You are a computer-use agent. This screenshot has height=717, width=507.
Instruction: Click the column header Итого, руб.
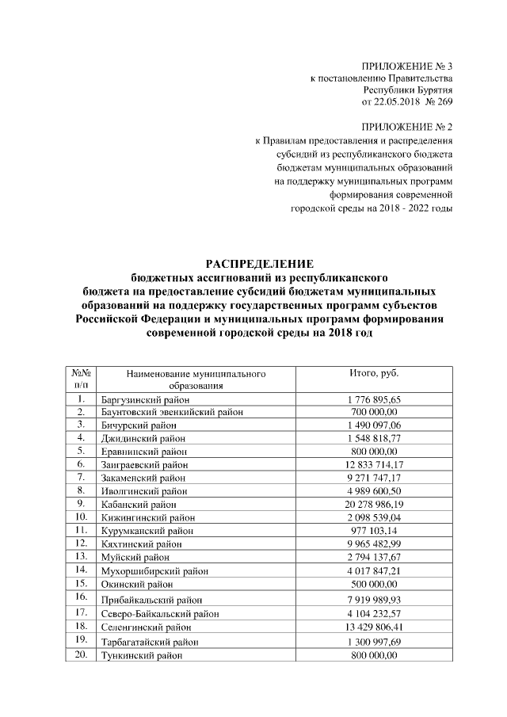[374, 372]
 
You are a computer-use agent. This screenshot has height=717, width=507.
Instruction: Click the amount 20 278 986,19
[374, 503]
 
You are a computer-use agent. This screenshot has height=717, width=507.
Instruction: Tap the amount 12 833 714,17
[374, 463]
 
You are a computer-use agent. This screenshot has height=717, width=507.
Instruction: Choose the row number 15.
[81, 582]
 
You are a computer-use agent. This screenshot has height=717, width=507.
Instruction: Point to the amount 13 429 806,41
[374, 626]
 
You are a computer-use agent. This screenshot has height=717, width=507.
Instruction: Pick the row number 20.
[81, 654]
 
